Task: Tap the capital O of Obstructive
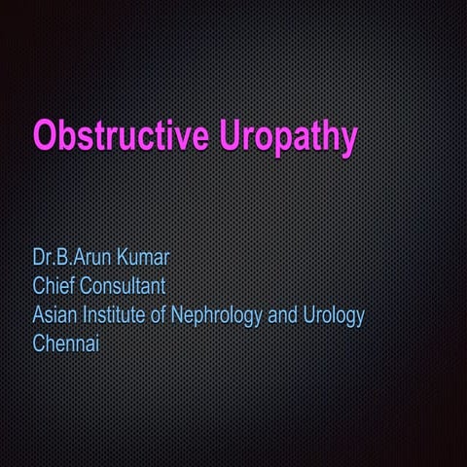click(45, 136)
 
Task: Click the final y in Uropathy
click(346, 141)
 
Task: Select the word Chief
click(54, 287)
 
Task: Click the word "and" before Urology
click(285, 315)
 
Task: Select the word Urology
click(334, 316)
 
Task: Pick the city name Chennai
click(66, 342)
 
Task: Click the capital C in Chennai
click(39, 342)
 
